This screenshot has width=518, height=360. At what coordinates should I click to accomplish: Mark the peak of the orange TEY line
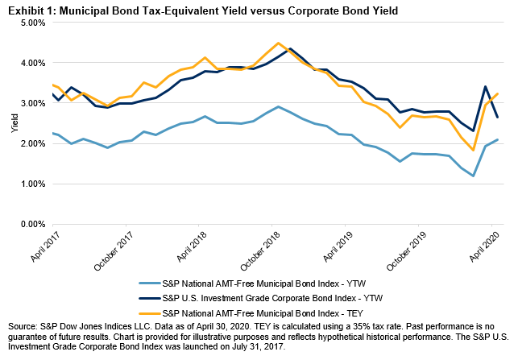278,43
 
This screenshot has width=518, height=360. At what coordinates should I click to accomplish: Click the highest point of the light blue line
278,106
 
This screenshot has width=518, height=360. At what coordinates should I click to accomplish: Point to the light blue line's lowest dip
473,176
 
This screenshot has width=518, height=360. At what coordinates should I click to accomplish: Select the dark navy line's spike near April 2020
485,86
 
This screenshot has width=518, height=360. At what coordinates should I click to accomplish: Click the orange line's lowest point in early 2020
473,150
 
